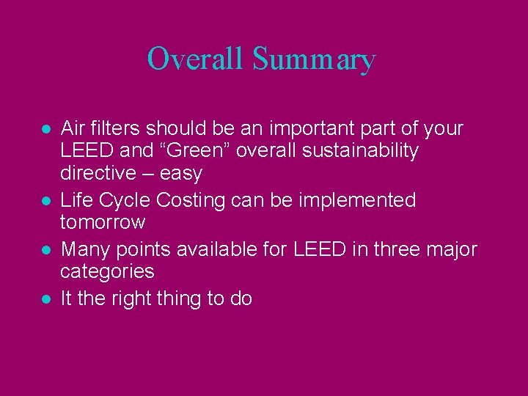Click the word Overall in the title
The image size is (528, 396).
pos(195,59)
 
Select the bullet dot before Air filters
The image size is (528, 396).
pos(45,129)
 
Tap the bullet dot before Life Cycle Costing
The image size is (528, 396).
pos(45,201)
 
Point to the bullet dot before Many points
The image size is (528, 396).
pos(45,251)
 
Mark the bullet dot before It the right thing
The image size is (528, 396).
pos(45,299)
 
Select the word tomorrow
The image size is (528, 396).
pos(103,222)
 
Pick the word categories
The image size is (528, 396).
pos(107,272)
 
